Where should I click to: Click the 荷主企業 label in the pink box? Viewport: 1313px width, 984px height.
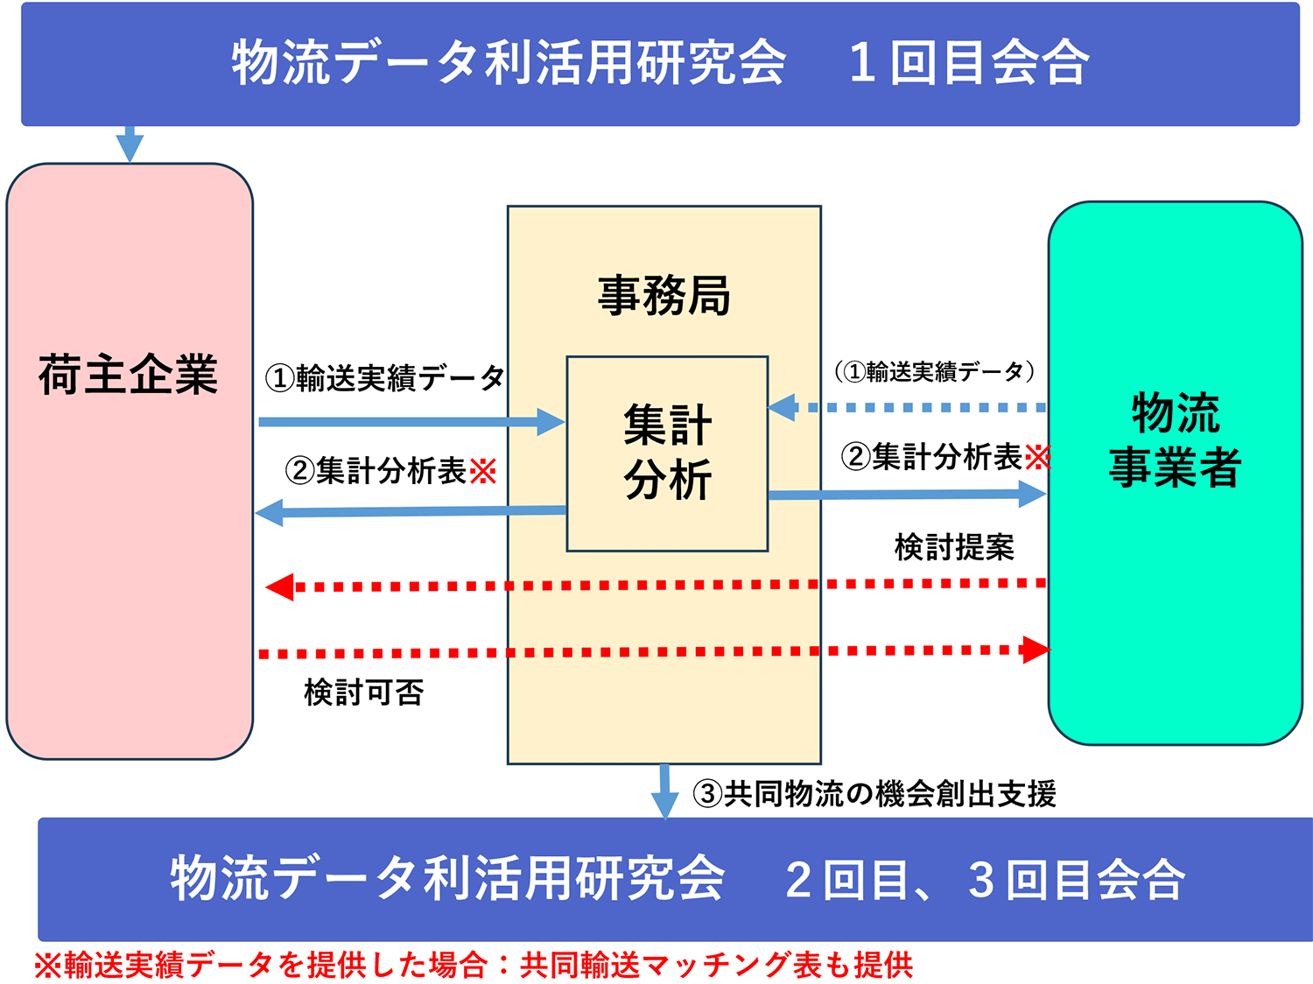(x=128, y=375)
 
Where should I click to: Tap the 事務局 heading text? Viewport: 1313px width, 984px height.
(x=664, y=296)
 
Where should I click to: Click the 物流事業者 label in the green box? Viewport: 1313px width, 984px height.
(x=1175, y=439)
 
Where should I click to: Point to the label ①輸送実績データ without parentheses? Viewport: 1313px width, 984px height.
(x=385, y=378)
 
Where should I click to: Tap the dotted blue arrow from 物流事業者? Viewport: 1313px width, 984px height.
(x=906, y=408)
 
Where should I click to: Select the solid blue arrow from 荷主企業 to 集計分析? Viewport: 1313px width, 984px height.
(x=411, y=422)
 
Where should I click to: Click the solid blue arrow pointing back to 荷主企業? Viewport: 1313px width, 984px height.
(x=411, y=512)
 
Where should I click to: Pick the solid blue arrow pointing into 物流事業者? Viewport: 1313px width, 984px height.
(x=908, y=495)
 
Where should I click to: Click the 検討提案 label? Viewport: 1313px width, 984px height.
(x=954, y=547)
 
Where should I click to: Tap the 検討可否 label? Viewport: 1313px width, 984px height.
(x=363, y=692)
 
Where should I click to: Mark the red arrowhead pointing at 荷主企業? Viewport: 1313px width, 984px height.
(x=279, y=587)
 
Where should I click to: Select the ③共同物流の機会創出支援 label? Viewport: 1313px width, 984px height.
(x=874, y=794)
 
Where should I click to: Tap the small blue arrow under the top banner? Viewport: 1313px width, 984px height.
(x=130, y=144)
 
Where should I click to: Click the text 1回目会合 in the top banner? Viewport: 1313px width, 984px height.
(x=968, y=62)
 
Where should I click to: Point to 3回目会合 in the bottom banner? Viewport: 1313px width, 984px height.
(x=1076, y=880)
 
